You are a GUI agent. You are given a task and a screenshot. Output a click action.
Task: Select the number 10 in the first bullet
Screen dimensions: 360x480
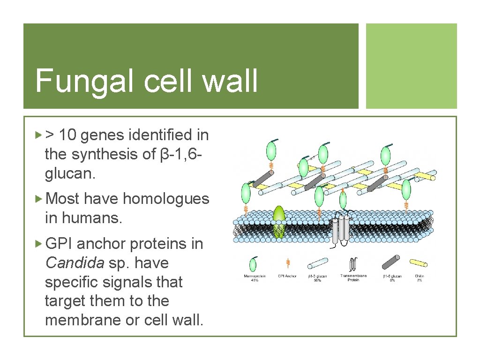pyautogui.click(x=69, y=135)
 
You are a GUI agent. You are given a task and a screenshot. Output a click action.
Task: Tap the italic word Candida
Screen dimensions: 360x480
pyautogui.click(x=75, y=263)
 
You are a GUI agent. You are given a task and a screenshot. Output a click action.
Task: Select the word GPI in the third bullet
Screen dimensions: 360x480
pyautogui.click(x=58, y=244)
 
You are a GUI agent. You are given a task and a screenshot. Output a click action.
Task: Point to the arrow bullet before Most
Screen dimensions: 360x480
pyautogui.click(x=39, y=199)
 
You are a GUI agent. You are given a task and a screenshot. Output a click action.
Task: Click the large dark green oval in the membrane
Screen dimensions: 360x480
pyautogui.click(x=279, y=221)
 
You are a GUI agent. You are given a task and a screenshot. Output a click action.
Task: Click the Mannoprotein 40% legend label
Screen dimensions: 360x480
pyautogui.click(x=255, y=278)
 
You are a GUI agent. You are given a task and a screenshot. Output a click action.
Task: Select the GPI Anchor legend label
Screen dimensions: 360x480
pyautogui.click(x=287, y=276)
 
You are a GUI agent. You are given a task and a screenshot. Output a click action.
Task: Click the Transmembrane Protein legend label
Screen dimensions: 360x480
pyautogui.click(x=353, y=278)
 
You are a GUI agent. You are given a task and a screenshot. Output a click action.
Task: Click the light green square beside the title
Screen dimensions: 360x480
pyautogui.click(x=411, y=66)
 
